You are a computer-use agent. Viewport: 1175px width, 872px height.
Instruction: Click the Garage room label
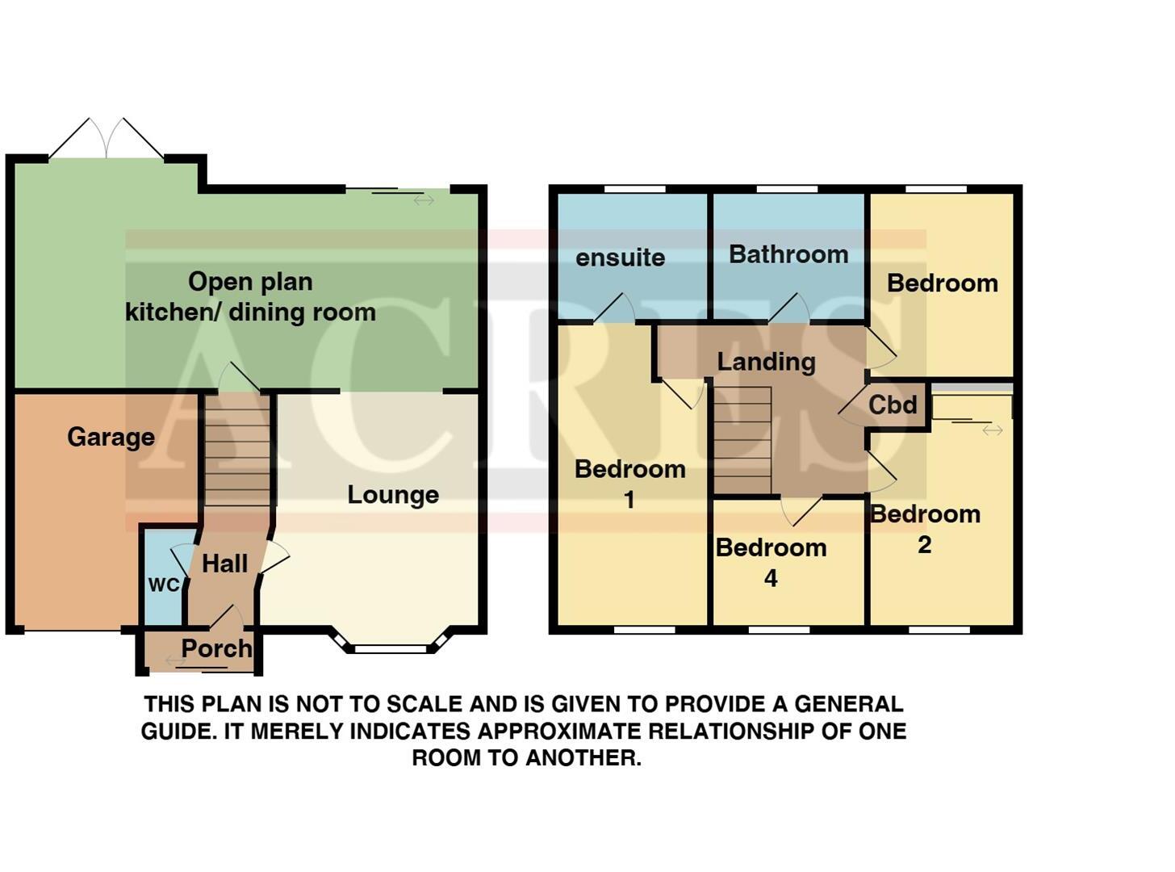111,437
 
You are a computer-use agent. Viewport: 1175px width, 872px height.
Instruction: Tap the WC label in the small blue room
164,585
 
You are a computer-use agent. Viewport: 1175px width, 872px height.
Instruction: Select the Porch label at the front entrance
215,648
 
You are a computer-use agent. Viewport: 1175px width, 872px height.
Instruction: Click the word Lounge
393,495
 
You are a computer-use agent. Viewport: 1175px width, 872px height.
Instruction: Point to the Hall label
224,564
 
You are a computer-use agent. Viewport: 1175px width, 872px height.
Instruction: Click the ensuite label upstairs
620,258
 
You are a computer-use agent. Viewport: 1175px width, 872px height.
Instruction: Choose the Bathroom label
788,254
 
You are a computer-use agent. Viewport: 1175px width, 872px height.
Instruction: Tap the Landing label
766,362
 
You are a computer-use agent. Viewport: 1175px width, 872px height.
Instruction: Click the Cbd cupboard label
893,405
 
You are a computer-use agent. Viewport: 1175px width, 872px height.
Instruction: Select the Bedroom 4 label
771,562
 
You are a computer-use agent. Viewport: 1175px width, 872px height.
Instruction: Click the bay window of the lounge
391,647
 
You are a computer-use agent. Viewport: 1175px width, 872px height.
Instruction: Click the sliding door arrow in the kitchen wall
424,199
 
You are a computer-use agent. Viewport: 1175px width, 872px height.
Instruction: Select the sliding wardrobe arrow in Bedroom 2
992,430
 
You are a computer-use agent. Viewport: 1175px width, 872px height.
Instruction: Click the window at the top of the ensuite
634,190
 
